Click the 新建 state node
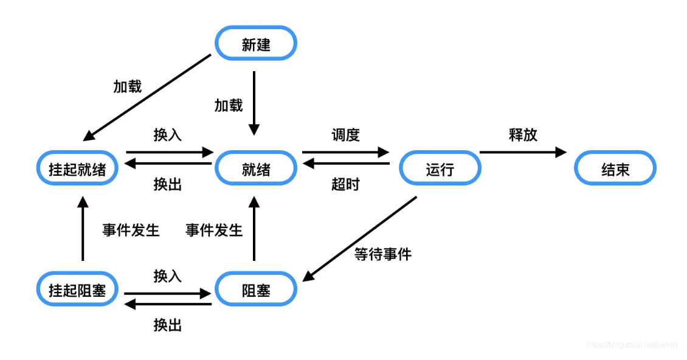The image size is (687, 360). tap(256, 44)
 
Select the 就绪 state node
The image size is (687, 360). tap(256, 169)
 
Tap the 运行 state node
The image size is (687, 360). tap(440, 169)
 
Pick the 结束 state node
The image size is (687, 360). tap(615, 169)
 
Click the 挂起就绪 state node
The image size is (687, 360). tap(77, 169)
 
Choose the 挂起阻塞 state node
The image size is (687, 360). tap(77, 290)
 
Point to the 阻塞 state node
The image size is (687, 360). tap(256, 290)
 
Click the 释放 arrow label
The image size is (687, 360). tap(523, 134)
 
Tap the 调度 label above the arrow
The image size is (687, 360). tap(345, 134)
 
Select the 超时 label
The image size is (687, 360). tap(345, 184)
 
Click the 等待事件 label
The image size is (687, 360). tap(382, 254)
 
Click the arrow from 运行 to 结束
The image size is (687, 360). tap(523, 152)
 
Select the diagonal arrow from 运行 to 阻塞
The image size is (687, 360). tap(360, 238)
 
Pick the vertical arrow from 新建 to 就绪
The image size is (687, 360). tap(254, 102)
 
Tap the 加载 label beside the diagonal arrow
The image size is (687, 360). tap(127, 86)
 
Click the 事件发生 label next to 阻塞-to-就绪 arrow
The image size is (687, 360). tap(214, 230)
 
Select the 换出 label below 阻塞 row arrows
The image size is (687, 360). tap(168, 325)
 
